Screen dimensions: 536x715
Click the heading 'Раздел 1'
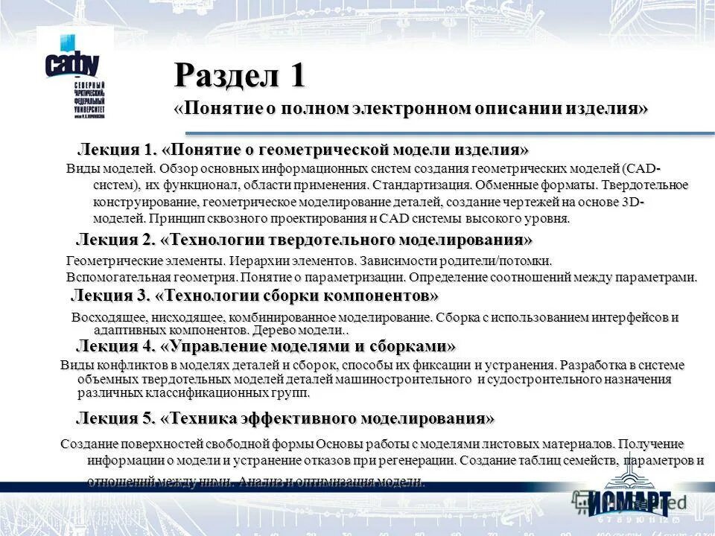pyautogui.click(x=240, y=76)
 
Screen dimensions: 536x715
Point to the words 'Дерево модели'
pyautogui.click(x=296, y=330)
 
